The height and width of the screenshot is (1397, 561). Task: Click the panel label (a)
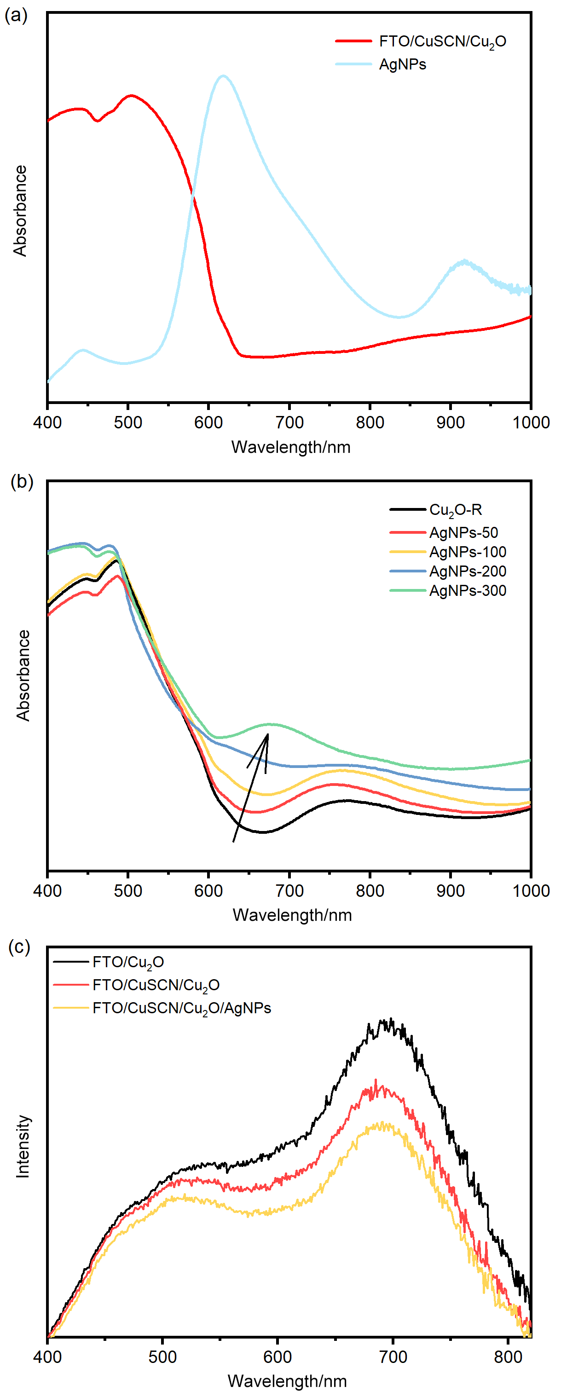[16, 15]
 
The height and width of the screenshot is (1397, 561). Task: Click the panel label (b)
[22, 482]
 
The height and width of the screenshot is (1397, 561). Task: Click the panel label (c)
[19, 947]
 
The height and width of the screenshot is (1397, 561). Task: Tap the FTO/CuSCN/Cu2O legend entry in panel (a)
[442, 41]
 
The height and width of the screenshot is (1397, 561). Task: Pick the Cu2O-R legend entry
[455, 510]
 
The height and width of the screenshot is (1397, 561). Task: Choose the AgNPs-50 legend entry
[463, 532]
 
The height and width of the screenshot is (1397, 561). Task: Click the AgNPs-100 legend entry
[467, 552]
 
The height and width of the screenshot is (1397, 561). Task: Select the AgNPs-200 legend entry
[467, 571]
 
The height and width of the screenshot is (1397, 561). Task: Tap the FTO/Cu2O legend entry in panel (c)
[128, 962]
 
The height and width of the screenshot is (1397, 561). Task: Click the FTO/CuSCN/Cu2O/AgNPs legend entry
[181, 1008]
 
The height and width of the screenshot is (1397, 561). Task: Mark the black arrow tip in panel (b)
[268, 734]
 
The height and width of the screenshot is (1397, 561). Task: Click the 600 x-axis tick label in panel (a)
[208, 422]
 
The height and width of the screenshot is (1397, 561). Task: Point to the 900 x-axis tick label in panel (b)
[451, 890]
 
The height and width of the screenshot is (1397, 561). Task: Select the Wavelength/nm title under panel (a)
[291, 447]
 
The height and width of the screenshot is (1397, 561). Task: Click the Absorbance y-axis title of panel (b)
[23, 675]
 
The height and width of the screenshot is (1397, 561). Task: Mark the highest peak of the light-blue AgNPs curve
[223, 76]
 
